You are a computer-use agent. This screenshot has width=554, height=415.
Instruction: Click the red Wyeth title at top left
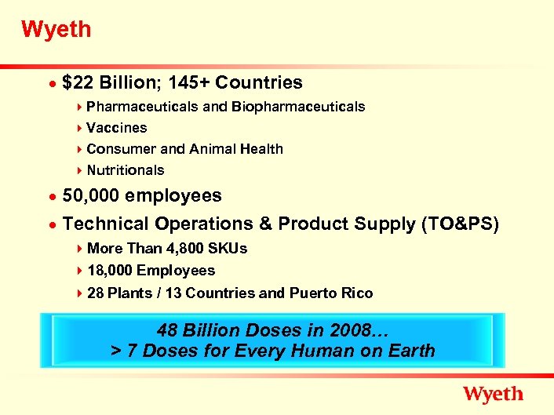[56, 31]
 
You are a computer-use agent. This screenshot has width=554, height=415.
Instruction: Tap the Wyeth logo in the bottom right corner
[493, 394]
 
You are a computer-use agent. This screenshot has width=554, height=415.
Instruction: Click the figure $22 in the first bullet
[78, 82]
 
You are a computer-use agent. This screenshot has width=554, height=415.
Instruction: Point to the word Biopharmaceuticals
[298, 106]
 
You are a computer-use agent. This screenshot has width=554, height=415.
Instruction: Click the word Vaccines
[117, 127]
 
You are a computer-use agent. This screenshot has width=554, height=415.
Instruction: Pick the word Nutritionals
[126, 169]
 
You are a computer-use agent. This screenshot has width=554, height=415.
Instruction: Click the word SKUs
[227, 249]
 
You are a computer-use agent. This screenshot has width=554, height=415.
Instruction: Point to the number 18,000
[109, 271]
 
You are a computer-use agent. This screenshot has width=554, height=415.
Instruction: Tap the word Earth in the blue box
[409, 351]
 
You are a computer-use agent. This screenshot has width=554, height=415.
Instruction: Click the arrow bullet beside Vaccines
[81, 127]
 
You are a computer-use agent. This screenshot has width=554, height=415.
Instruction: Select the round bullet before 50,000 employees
[52, 196]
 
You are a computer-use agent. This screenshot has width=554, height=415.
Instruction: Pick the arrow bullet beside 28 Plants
[81, 293]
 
